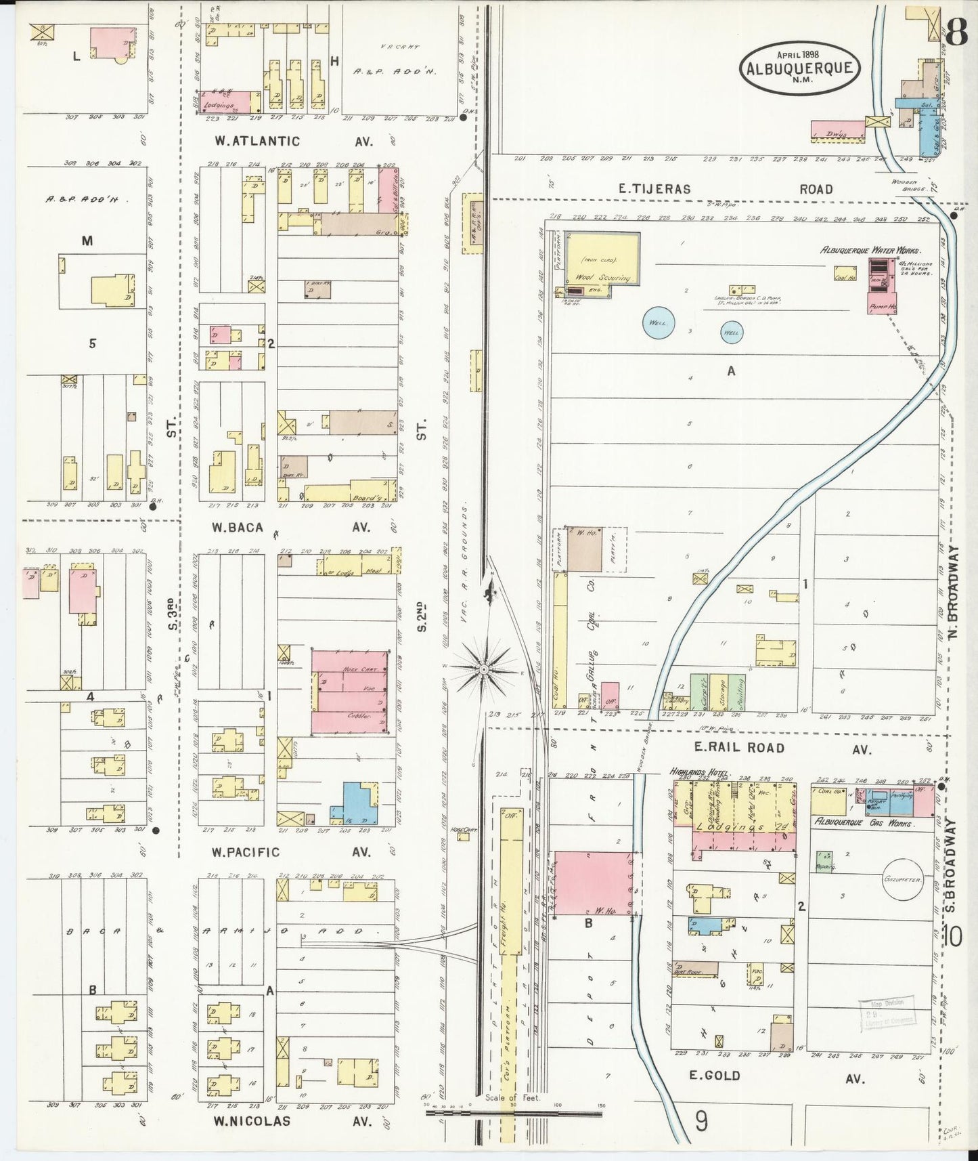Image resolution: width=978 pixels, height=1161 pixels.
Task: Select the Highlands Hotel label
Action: (x=698, y=772)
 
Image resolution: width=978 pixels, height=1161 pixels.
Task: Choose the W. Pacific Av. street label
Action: (x=245, y=851)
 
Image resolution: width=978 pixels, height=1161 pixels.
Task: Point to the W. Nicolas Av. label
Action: (x=252, y=1120)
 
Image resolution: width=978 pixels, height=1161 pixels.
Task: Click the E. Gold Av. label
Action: (x=714, y=1075)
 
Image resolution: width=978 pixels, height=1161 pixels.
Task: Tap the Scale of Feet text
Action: (x=512, y=1097)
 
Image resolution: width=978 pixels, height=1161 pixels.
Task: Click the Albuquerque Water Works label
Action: (x=869, y=250)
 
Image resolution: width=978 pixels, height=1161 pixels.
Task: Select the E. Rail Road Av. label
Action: (x=730, y=748)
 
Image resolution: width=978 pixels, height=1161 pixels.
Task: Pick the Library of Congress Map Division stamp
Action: (x=887, y=1013)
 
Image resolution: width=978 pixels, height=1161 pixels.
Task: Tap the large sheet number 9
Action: (x=701, y=1122)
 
